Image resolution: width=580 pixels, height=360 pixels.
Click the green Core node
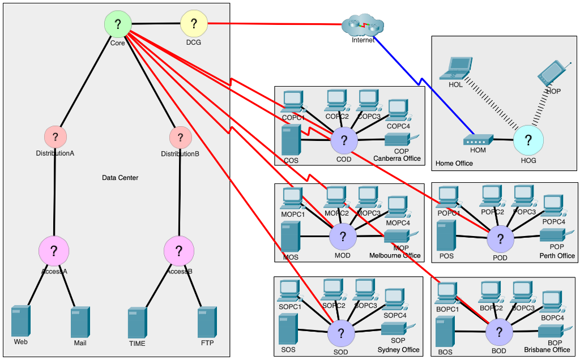(118, 24)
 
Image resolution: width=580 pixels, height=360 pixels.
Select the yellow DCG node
(194, 24)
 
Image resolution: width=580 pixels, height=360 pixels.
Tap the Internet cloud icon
(363, 25)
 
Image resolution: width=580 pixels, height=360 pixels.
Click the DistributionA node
(56, 136)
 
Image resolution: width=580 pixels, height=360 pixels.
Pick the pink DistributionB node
(180, 136)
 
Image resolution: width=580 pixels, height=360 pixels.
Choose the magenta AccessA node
(54, 251)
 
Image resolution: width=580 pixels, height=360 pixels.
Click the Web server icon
(21, 321)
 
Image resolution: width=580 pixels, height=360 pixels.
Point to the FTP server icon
(207, 322)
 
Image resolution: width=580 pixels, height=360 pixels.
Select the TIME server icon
(137, 323)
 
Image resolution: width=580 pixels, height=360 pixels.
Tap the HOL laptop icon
(458, 68)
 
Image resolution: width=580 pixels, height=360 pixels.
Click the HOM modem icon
(478, 139)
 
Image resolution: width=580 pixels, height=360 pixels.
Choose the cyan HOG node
(528, 139)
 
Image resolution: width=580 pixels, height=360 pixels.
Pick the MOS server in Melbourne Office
(291, 237)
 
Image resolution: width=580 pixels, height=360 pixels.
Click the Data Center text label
(120, 178)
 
